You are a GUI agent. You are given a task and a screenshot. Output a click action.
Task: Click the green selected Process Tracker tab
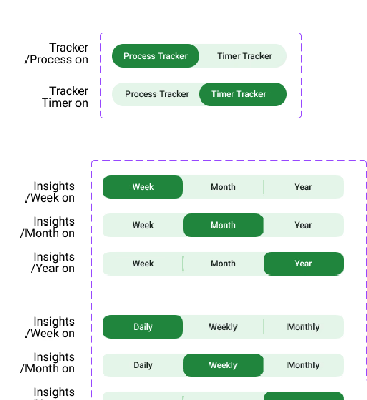point(155,56)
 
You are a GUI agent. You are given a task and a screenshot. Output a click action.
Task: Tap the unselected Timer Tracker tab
point(244,56)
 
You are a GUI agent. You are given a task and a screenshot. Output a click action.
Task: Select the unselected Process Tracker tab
point(156,94)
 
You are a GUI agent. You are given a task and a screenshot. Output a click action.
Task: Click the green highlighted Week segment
point(143,187)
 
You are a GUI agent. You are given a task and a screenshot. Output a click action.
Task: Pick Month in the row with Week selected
point(223,187)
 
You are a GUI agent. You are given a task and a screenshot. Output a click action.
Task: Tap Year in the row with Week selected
point(303,187)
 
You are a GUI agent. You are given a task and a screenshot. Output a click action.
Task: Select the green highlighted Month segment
point(223,226)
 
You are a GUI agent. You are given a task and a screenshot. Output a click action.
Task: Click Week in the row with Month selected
point(143,226)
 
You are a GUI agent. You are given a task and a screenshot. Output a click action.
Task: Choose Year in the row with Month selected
point(303,226)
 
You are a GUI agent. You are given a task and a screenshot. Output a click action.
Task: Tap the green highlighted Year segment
point(303,264)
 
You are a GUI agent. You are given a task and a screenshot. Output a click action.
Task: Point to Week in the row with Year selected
point(143,264)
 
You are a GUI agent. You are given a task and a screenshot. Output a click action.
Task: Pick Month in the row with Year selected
point(223,264)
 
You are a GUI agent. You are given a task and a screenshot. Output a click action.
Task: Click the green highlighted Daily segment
point(143,327)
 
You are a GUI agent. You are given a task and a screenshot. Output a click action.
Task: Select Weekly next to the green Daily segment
point(223,327)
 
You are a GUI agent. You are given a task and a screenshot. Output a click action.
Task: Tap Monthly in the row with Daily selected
point(303,327)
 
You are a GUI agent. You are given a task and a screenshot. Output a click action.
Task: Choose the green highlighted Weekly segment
point(223,365)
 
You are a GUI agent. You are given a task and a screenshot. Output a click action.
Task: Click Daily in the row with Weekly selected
point(143,365)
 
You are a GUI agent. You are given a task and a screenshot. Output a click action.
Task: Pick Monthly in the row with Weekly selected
point(303,365)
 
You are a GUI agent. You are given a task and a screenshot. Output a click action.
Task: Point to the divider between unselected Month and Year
point(263,187)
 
